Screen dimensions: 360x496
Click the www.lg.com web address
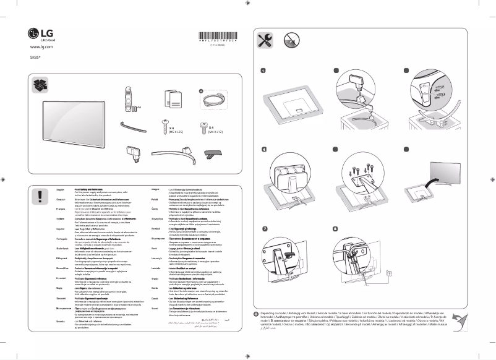coord(40,47)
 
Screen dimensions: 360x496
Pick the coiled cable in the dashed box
coord(210,100)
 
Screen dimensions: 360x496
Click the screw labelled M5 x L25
coord(165,127)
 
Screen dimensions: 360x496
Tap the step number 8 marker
coord(335,229)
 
